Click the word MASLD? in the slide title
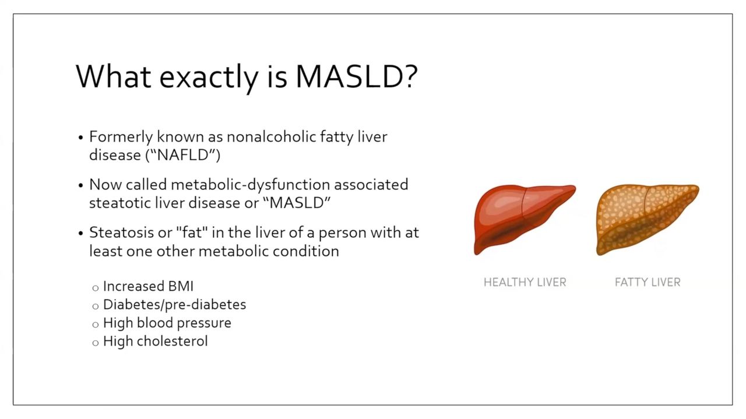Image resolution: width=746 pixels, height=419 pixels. coord(357,76)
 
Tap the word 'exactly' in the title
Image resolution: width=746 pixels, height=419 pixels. coord(209,79)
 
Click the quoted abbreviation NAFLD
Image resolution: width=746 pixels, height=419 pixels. coord(183,155)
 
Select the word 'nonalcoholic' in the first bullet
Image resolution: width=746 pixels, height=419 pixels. coord(271,136)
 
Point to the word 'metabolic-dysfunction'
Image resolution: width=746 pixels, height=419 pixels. coord(250,185)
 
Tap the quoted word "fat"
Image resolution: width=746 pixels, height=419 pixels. coord(193,232)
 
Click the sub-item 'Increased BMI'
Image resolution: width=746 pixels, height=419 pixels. coord(148,286)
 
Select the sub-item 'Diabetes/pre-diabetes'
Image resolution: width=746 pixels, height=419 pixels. coord(174,305)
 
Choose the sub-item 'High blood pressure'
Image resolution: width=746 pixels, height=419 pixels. coord(167,323)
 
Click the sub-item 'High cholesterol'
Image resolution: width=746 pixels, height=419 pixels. coord(156,341)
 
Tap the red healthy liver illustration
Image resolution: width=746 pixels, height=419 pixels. coord(524,220)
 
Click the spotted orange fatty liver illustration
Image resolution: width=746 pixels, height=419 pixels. coord(647,220)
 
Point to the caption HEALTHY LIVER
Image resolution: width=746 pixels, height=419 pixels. coord(525,283)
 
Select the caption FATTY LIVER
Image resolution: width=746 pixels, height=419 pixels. coord(648,283)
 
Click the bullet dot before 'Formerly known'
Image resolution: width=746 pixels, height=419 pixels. coord(80,138)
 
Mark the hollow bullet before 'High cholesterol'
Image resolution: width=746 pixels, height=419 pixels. coord(96,343)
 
